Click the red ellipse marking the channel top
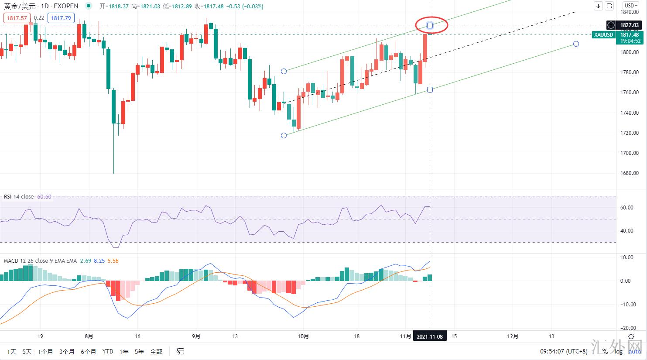click(431, 25)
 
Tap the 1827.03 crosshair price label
click(629, 25)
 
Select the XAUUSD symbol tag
click(603, 35)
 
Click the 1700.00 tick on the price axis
click(629, 153)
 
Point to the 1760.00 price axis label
click(629, 93)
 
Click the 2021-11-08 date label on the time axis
click(430, 336)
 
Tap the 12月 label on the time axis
click(513, 336)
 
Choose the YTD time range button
click(108, 351)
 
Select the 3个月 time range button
click(67, 351)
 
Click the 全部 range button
click(156, 351)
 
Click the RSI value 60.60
click(44, 197)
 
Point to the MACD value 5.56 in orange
click(113, 261)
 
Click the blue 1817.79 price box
click(61, 18)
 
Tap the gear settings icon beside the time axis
click(631, 336)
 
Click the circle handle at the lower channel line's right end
click(576, 44)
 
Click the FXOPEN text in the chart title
click(66, 6)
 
